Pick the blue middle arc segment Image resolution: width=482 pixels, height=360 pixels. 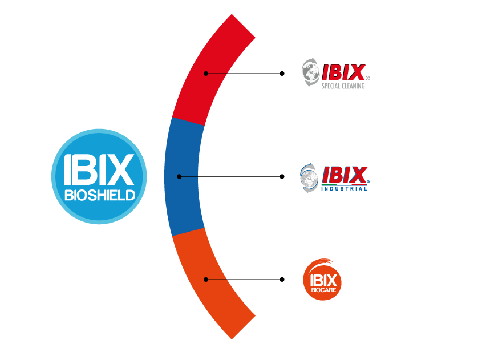tap(181, 176)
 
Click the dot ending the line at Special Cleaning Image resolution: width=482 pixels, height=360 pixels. tap(282, 74)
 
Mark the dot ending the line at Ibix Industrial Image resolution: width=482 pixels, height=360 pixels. tap(282, 176)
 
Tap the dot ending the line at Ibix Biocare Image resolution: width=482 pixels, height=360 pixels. tap(282, 279)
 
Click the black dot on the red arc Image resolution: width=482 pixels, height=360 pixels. tap(206, 74)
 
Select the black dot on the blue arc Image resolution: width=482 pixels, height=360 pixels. tap(179, 176)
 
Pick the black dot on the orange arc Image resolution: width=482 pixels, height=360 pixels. tap(206, 279)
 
